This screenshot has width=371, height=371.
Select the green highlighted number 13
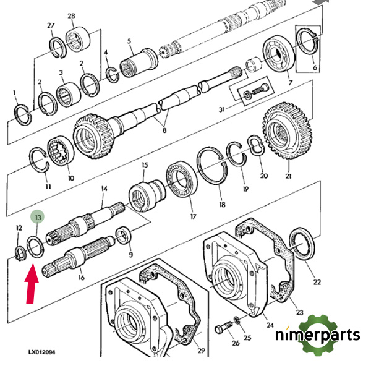pyautogui.click(x=38, y=217)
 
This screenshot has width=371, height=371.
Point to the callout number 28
pyautogui.click(x=71, y=15)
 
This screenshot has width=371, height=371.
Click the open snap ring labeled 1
pyautogui.click(x=22, y=113)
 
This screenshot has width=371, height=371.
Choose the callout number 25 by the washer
pyautogui.click(x=248, y=338)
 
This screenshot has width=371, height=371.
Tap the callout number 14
pyautogui.click(x=104, y=189)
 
